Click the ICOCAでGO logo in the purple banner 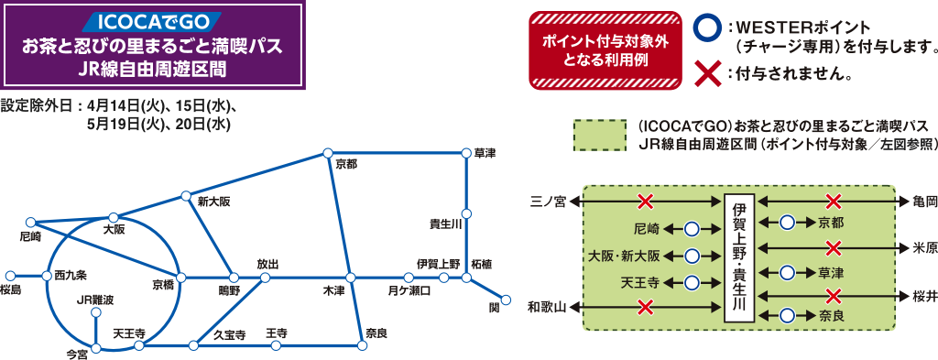[153, 20]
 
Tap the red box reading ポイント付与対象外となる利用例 [605, 50]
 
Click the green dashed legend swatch [600, 135]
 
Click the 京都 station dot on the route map [327, 153]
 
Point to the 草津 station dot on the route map [466, 153]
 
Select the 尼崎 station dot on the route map [31, 222]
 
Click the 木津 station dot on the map [350, 277]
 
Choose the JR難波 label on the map [96, 300]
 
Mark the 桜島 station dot [10, 275]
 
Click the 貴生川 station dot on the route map [466, 214]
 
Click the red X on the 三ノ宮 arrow [646, 201]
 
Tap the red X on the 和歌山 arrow [646, 306]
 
